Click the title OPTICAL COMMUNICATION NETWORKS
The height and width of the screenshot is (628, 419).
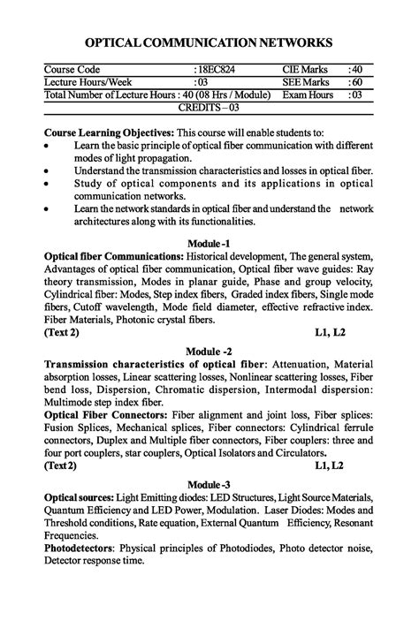click(209, 42)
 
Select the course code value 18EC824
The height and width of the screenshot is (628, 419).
click(216, 69)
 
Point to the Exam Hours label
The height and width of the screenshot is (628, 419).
click(308, 95)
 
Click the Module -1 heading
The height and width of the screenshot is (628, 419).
click(209, 243)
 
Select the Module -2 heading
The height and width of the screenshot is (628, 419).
click(209, 352)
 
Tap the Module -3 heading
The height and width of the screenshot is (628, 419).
click(209, 484)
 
